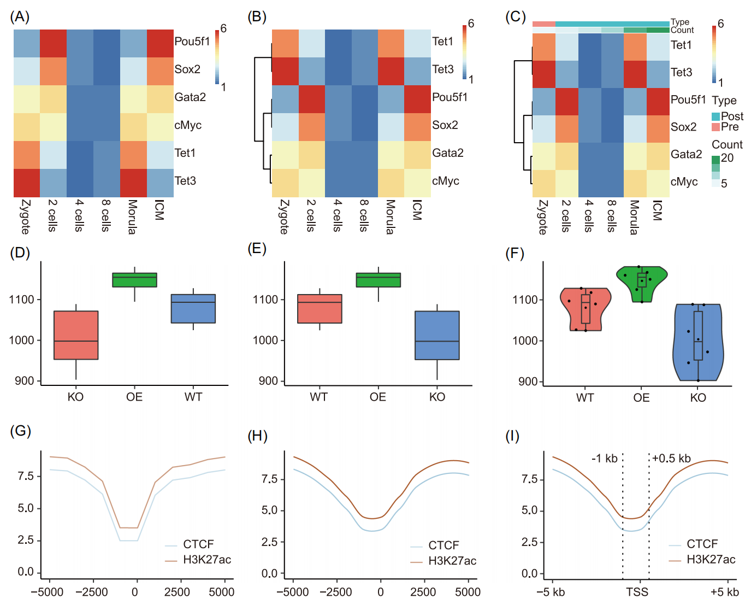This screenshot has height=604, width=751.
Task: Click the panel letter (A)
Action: pos(20,17)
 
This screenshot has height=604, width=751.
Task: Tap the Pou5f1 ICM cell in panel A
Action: pos(160,43)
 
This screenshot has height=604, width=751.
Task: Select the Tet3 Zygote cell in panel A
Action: pos(27,183)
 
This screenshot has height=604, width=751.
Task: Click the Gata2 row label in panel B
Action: pos(447,153)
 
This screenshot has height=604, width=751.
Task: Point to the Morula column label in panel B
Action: pos(391,217)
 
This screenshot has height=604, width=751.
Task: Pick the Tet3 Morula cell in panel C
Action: pos(635,74)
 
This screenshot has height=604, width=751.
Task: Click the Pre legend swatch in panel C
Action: pos(715,127)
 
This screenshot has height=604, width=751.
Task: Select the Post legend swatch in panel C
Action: pos(715,116)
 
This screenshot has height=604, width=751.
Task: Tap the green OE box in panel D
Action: pos(134,280)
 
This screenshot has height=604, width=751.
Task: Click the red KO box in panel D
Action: pos(76,335)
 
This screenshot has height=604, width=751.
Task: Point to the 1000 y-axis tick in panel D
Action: pos(21,340)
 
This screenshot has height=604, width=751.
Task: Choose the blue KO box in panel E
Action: pos(437,335)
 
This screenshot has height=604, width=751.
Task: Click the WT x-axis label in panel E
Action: pos(319,397)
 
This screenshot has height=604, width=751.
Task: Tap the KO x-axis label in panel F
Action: pos(698,397)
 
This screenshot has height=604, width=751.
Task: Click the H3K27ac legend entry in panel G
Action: pos(206,560)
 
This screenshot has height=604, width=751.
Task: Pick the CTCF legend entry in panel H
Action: pos(443,546)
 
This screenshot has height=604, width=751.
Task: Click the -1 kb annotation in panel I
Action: pos(604,459)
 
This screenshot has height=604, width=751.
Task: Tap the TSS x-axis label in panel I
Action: pos(637,592)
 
